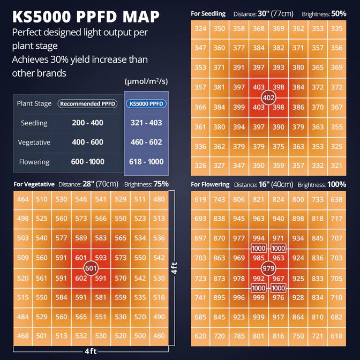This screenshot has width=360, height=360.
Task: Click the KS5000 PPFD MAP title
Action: tap(86, 17)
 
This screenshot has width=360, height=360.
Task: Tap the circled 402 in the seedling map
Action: tap(268, 97)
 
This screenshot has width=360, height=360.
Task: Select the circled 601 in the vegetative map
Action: tap(91, 268)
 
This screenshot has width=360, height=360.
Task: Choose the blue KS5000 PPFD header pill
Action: tap(146, 103)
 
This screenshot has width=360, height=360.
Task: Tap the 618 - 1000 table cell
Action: tap(146, 162)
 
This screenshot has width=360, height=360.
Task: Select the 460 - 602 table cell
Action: tap(146, 142)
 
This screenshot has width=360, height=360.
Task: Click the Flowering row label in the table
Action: tap(34, 162)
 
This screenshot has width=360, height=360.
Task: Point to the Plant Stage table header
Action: tap(34, 103)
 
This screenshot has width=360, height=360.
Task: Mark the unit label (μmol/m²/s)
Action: tap(146, 82)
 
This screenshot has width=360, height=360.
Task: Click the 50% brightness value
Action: tap(339, 13)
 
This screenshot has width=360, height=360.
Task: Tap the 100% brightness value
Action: tap(337, 184)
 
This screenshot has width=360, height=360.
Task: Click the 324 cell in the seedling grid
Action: tap(200, 28)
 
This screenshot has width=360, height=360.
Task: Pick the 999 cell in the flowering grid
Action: tap(259, 297)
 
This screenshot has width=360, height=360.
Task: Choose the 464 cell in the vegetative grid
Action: tap(23, 200)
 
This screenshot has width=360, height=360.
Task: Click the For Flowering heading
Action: tap(211, 185)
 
